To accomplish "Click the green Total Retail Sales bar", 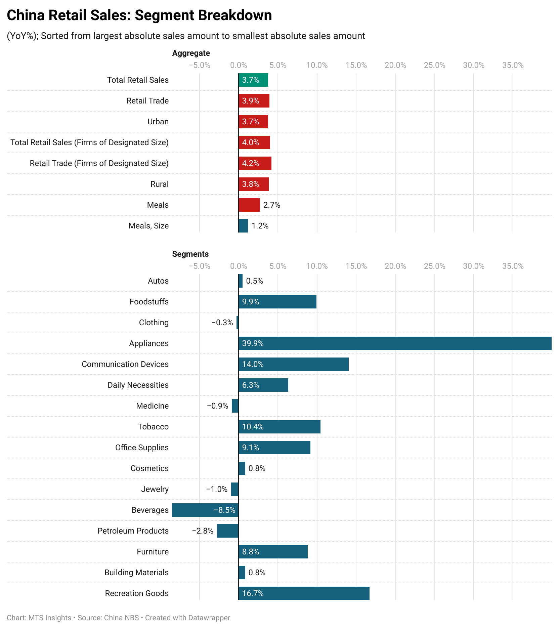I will pyautogui.click(x=253, y=80).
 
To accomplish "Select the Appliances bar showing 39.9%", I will pyautogui.click(x=395, y=343).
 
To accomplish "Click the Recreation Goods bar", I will pyautogui.click(x=304, y=593).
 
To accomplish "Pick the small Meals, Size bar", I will pyautogui.click(x=243, y=226).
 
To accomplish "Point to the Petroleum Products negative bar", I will pyautogui.click(x=228, y=531).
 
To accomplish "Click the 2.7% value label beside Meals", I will pyautogui.click(x=271, y=205).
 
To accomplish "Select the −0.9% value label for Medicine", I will pyautogui.click(x=217, y=406).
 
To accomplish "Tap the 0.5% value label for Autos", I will pyautogui.click(x=254, y=281).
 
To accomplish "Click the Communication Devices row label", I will pyautogui.click(x=125, y=364).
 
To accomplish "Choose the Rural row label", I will pyautogui.click(x=159, y=184).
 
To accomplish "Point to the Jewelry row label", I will pyautogui.click(x=155, y=489).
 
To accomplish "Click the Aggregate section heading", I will pyautogui.click(x=191, y=53).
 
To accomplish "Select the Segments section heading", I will pyautogui.click(x=190, y=254).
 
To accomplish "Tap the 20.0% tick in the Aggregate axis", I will pyautogui.click(x=395, y=65).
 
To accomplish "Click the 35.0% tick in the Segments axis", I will pyautogui.click(x=513, y=266).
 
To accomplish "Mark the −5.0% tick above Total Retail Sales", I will pyautogui.click(x=199, y=65).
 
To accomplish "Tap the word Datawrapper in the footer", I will pyautogui.click(x=209, y=618).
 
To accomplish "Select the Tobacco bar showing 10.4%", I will pyautogui.click(x=279, y=427).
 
